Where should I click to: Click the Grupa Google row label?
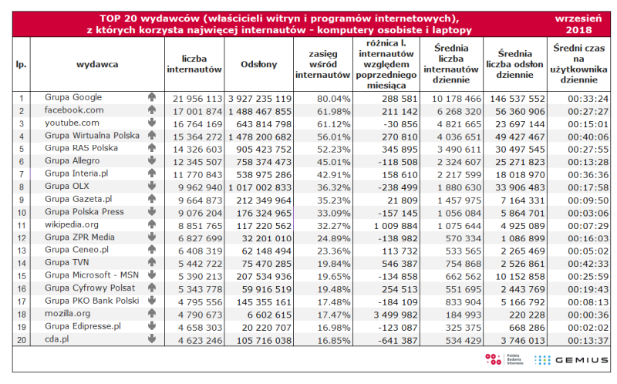point(73,99)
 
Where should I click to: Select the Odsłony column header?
point(259,65)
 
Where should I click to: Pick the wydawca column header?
point(97,65)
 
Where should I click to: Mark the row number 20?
point(22,338)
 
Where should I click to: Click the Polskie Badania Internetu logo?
point(501,360)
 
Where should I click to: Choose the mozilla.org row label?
point(67,314)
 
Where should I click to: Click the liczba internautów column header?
point(194,65)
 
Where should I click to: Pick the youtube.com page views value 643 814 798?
point(260,123)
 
